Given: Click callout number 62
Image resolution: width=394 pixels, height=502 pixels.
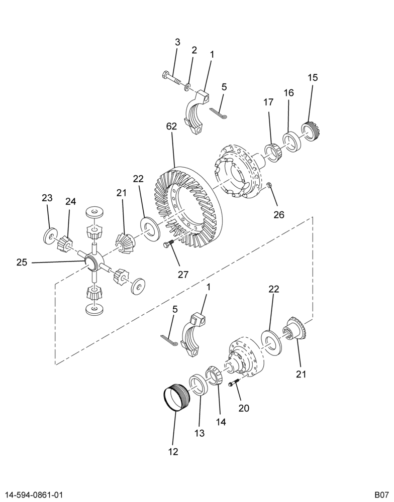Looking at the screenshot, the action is tap(171, 127).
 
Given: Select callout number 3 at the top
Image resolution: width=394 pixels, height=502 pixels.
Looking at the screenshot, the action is tap(177, 42).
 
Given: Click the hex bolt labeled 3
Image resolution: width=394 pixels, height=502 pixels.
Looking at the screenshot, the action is tap(172, 78).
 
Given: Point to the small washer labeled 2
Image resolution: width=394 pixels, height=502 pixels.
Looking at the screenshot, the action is tap(187, 86).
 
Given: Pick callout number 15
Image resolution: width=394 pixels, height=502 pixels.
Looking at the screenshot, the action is tap(313, 77).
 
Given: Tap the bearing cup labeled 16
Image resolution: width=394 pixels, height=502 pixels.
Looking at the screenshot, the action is tap(292, 141).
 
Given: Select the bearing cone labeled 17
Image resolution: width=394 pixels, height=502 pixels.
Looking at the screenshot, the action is tap(273, 152).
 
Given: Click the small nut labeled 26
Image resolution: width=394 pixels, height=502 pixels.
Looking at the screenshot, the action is tap(269, 184).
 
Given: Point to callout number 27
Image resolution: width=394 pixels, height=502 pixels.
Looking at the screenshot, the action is tap(183, 275).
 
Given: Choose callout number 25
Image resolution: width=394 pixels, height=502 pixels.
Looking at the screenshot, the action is tap(22, 263).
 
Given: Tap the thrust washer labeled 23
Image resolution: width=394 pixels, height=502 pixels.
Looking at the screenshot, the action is tap(50, 236).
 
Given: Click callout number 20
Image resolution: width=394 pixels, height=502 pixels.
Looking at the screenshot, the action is tap(244, 408).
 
